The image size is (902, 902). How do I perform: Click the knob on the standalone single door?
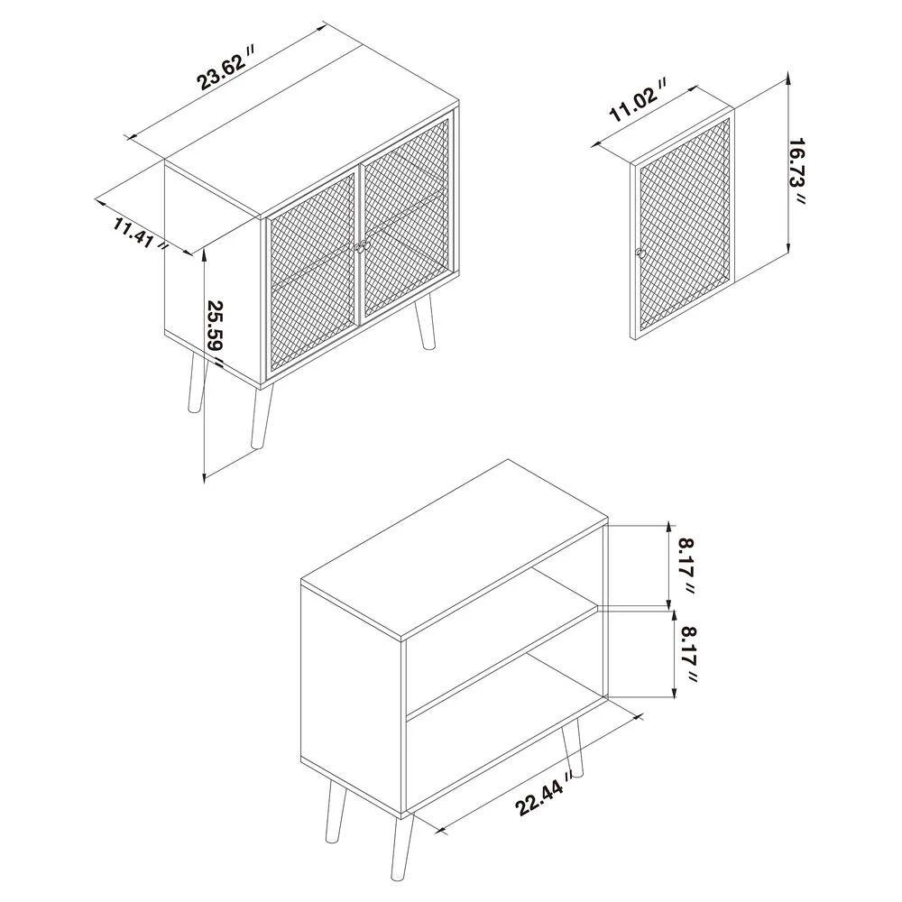640,253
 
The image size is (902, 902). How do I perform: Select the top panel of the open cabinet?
456,550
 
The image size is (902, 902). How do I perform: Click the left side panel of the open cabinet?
350,686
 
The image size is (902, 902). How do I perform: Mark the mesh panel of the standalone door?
686,225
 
